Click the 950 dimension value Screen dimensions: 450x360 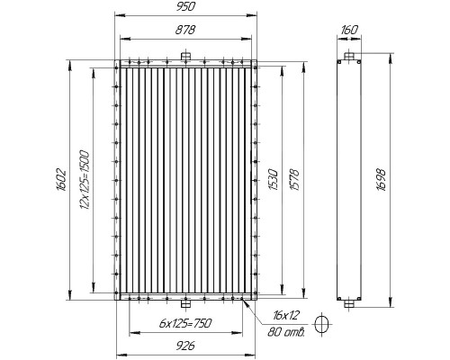click(185, 6)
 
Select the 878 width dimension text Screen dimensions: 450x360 click(185, 30)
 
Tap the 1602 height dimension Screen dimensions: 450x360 click(61, 180)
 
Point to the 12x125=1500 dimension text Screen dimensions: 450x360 click(85, 180)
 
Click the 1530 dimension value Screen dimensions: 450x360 click(274, 179)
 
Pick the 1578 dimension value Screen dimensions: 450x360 click(295, 179)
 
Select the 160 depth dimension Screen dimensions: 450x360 click(349, 30)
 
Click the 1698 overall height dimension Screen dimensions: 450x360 click(381, 180)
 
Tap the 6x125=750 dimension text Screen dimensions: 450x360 click(185, 323)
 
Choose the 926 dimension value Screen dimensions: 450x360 click(185, 346)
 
